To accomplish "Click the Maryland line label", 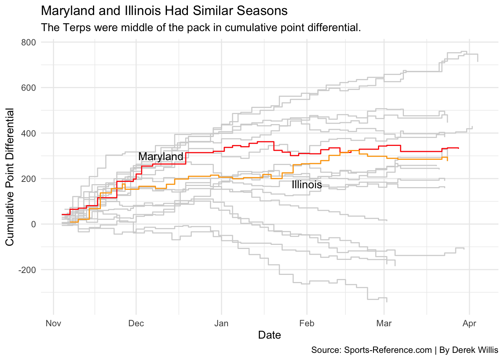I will point(161,156).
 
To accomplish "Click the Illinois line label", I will point(307,185).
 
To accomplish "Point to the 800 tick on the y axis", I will point(28,42).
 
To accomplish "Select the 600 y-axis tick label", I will point(28,88).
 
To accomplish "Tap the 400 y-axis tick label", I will point(28,133).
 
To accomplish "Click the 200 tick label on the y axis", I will point(28,179).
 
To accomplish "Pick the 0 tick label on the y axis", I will point(33,224).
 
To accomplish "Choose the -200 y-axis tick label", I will point(27,270).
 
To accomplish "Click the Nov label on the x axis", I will point(53,323).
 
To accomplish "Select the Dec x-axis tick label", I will point(136,323).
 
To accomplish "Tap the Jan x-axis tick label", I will point(221,323).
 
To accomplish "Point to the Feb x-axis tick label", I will point(307,323).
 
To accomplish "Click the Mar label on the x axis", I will point(384,323).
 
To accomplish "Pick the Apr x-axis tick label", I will point(469,323).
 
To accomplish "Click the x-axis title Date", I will point(269,335).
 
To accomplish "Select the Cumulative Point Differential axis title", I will point(10,177).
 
